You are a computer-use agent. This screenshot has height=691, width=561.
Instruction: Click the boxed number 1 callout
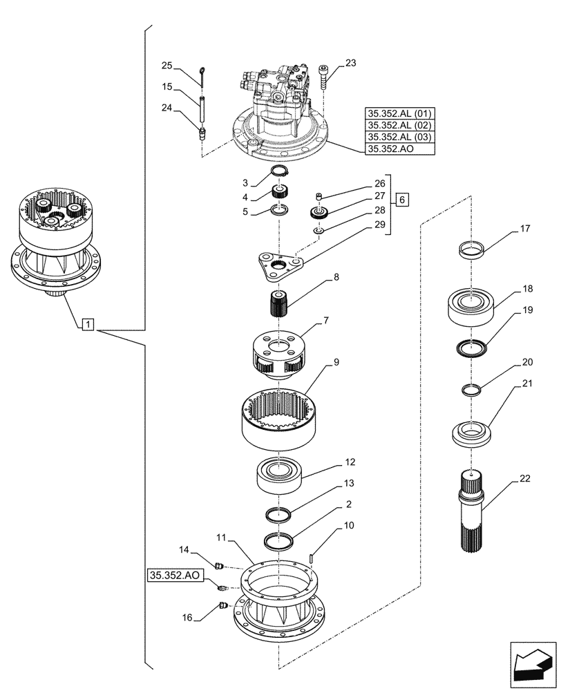(x=88, y=323)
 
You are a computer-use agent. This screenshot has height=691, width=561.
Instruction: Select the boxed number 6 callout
(x=403, y=200)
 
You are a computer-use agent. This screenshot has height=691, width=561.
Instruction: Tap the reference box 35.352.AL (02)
(x=400, y=126)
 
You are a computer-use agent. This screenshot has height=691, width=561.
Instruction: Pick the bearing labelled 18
(x=471, y=304)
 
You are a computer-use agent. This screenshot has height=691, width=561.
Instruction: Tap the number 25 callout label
(x=167, y=66)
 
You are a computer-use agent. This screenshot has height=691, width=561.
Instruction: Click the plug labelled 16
(x=222, y=606)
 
